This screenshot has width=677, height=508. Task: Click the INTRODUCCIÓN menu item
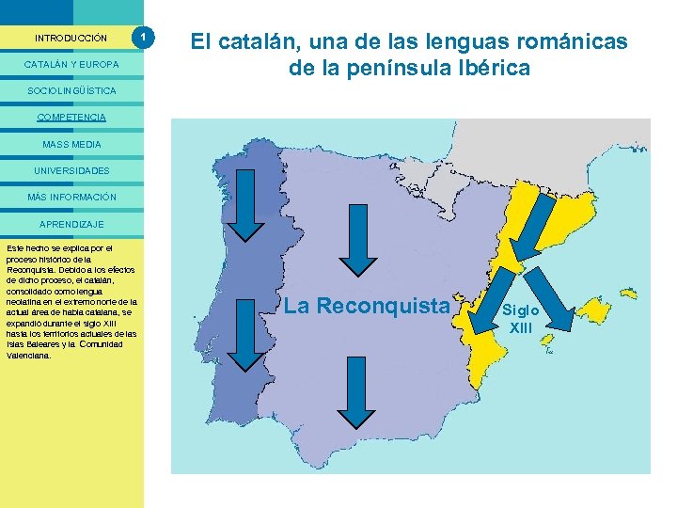point(71,39)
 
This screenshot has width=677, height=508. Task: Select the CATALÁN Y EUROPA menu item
point(71,65)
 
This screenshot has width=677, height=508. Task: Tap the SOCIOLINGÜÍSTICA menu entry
point(71,91)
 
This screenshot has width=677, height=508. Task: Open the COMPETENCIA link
point(71,118)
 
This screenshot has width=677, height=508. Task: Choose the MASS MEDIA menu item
point(71,144)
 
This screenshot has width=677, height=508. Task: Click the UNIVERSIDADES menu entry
point(71,170)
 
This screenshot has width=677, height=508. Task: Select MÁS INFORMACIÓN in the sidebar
point(71,198)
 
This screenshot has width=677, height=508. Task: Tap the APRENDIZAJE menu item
point(71,224)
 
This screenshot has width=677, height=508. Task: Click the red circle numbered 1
point(143,38)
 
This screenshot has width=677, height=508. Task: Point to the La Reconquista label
point(367,306)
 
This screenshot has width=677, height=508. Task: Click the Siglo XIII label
point(520,318)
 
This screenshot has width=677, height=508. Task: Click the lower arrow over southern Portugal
point(248,339)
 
